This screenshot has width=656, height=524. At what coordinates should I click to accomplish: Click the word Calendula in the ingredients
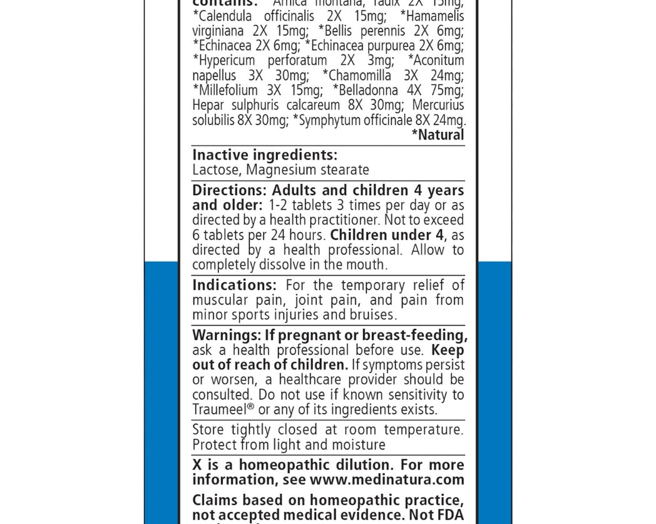coord(225,16)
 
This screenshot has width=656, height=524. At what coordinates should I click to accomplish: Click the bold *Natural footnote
coord(438,135)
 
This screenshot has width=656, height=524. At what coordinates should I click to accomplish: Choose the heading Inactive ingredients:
coord(265,155)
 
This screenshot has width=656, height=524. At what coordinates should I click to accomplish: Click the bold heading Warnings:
coord(226,335)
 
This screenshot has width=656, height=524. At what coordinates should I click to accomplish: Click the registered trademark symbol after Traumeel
coord(251,407)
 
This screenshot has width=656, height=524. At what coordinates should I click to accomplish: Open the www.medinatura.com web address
coord(387,480)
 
